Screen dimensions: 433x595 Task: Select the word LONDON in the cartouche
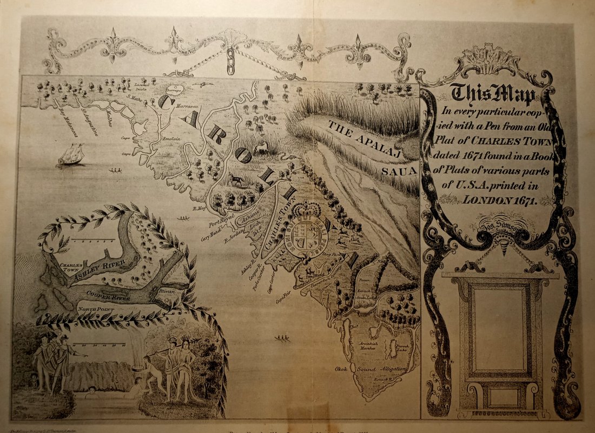481,199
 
